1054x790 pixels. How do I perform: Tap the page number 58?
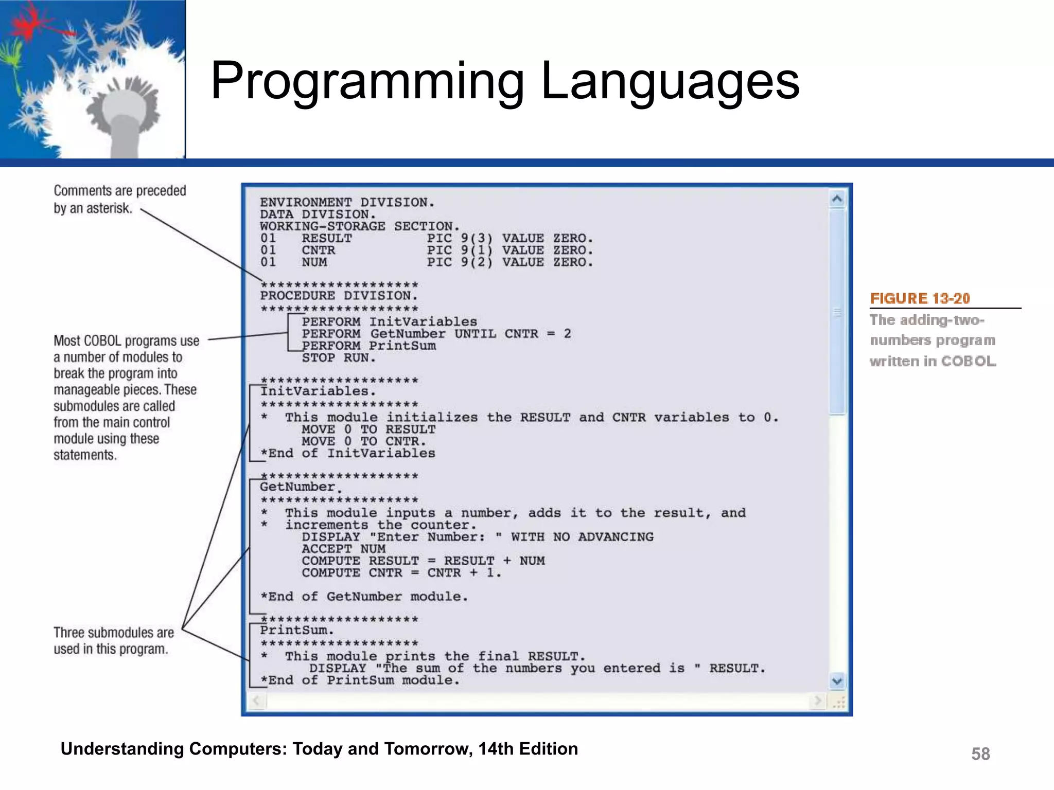coord(980,754)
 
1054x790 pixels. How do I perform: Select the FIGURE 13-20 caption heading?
coord(920,298)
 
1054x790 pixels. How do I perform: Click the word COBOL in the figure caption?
coord(969,361)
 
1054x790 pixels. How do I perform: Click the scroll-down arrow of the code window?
coord(837,681)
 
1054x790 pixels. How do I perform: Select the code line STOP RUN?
coord(339,358)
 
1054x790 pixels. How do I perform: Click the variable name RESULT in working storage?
coord(327,239)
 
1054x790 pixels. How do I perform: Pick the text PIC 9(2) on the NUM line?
coord(460,262)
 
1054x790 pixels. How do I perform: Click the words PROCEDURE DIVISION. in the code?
coord(339,296)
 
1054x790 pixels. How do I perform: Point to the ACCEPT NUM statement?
coord(343,549)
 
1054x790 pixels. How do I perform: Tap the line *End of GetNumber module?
coord(364,597)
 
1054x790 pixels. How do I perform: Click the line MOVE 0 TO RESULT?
coord(368,429)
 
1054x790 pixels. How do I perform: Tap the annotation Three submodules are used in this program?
coord(113,641)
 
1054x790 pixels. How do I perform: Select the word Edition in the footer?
coord(548,749)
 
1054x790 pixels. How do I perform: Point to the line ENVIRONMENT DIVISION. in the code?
coord(347,203)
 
